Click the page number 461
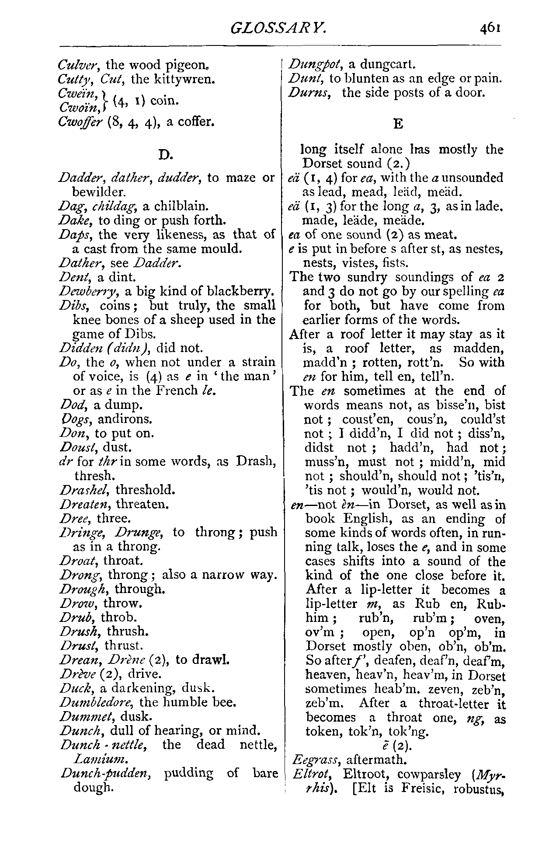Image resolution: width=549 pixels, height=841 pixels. point(490,28)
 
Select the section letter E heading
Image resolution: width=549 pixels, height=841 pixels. point(398,124)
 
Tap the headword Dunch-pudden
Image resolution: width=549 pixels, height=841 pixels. point(106,773)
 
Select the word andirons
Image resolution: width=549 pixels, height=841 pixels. point(125,419)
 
